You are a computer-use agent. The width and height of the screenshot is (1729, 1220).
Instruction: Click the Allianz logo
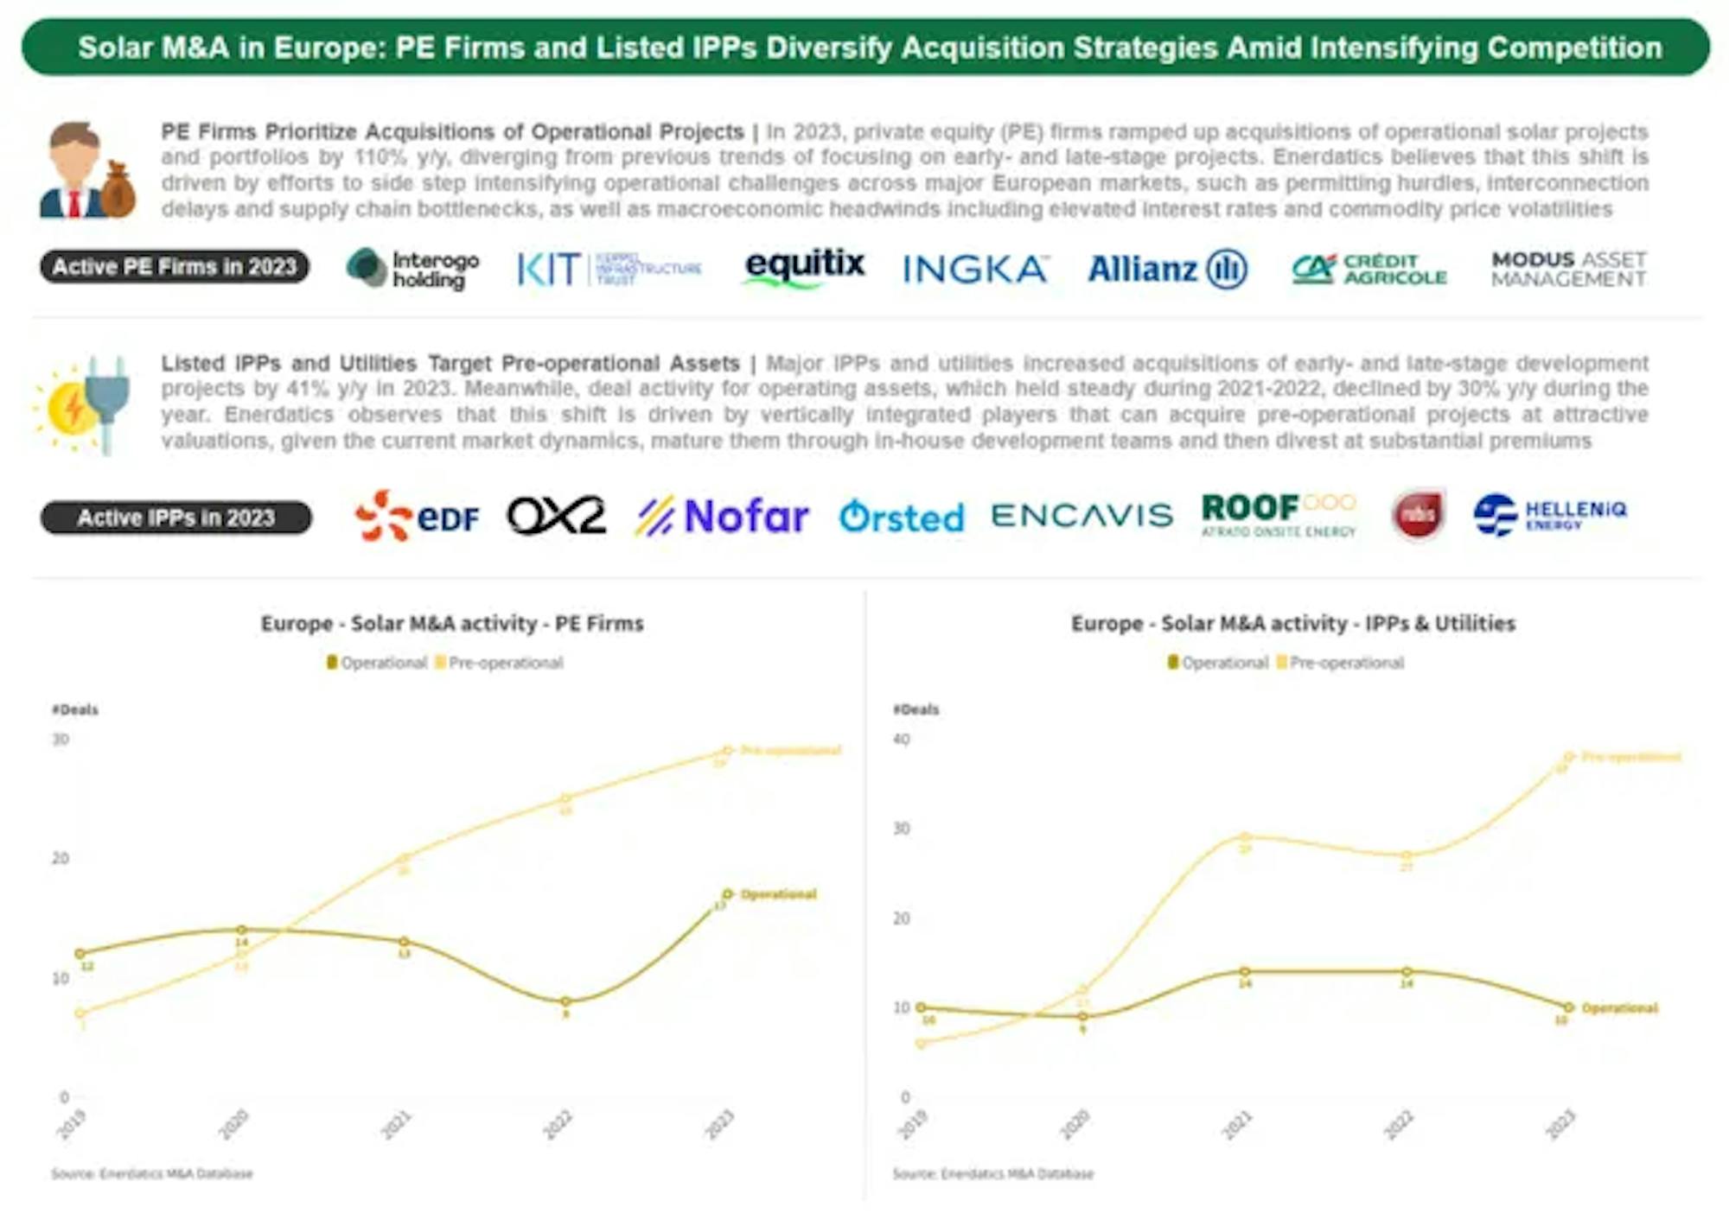click(x=1167, y=269)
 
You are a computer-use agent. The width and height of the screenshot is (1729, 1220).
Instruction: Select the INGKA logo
click(x=975, y=270)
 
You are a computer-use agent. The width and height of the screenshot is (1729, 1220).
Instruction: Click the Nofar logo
click(x=723, y=517)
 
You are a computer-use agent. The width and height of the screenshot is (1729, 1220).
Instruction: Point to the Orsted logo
click(x=901, y=518)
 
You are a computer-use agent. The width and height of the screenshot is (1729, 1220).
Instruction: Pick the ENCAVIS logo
click(x=1081, y=516)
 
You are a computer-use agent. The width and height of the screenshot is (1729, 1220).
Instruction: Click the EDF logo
click(x=417, y=516)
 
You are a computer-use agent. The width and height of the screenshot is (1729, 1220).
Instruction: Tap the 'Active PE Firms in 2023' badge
click(x=175, y=267)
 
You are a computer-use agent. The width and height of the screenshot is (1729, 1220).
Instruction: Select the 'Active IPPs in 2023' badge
click(x=176, y=518)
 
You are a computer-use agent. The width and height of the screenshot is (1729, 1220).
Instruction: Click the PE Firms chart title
click(x=452, y=623)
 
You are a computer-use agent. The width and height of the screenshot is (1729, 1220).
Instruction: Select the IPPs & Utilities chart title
click(x=1292, y=623)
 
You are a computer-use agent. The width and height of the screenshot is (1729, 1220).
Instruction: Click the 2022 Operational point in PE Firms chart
click(x=565, y=1002)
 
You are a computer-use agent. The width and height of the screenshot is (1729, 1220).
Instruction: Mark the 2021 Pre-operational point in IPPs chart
click(x=1245, y=836)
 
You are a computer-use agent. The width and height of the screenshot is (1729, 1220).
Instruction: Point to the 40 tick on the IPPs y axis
click(x=901, y=740)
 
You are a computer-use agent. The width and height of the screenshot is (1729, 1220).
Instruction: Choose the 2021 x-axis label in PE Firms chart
click(x=396, y=1125)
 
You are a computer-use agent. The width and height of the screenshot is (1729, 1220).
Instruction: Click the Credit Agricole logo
click(x=1369, y=269)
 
